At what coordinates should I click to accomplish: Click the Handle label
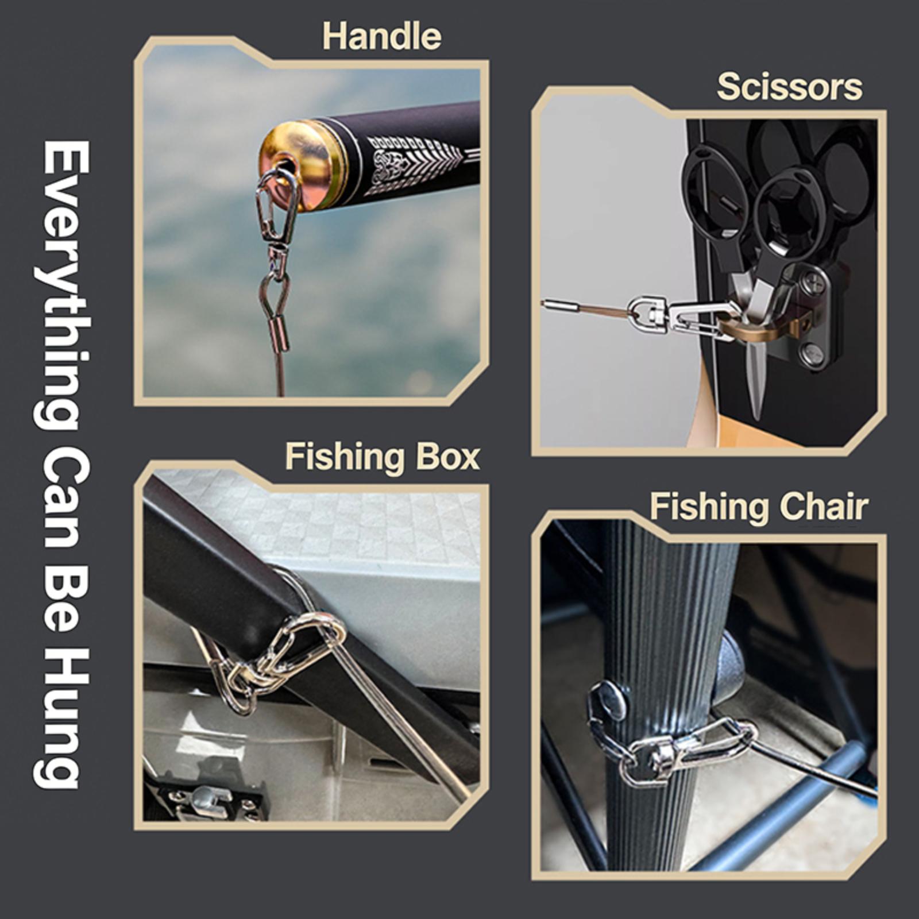tap(381, 37)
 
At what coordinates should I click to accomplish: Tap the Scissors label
tap(790, 87)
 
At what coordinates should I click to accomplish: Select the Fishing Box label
tap(383, 457)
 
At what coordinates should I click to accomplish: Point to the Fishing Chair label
tap(759, 508)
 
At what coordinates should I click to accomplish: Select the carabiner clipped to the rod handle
tap(277, 204)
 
